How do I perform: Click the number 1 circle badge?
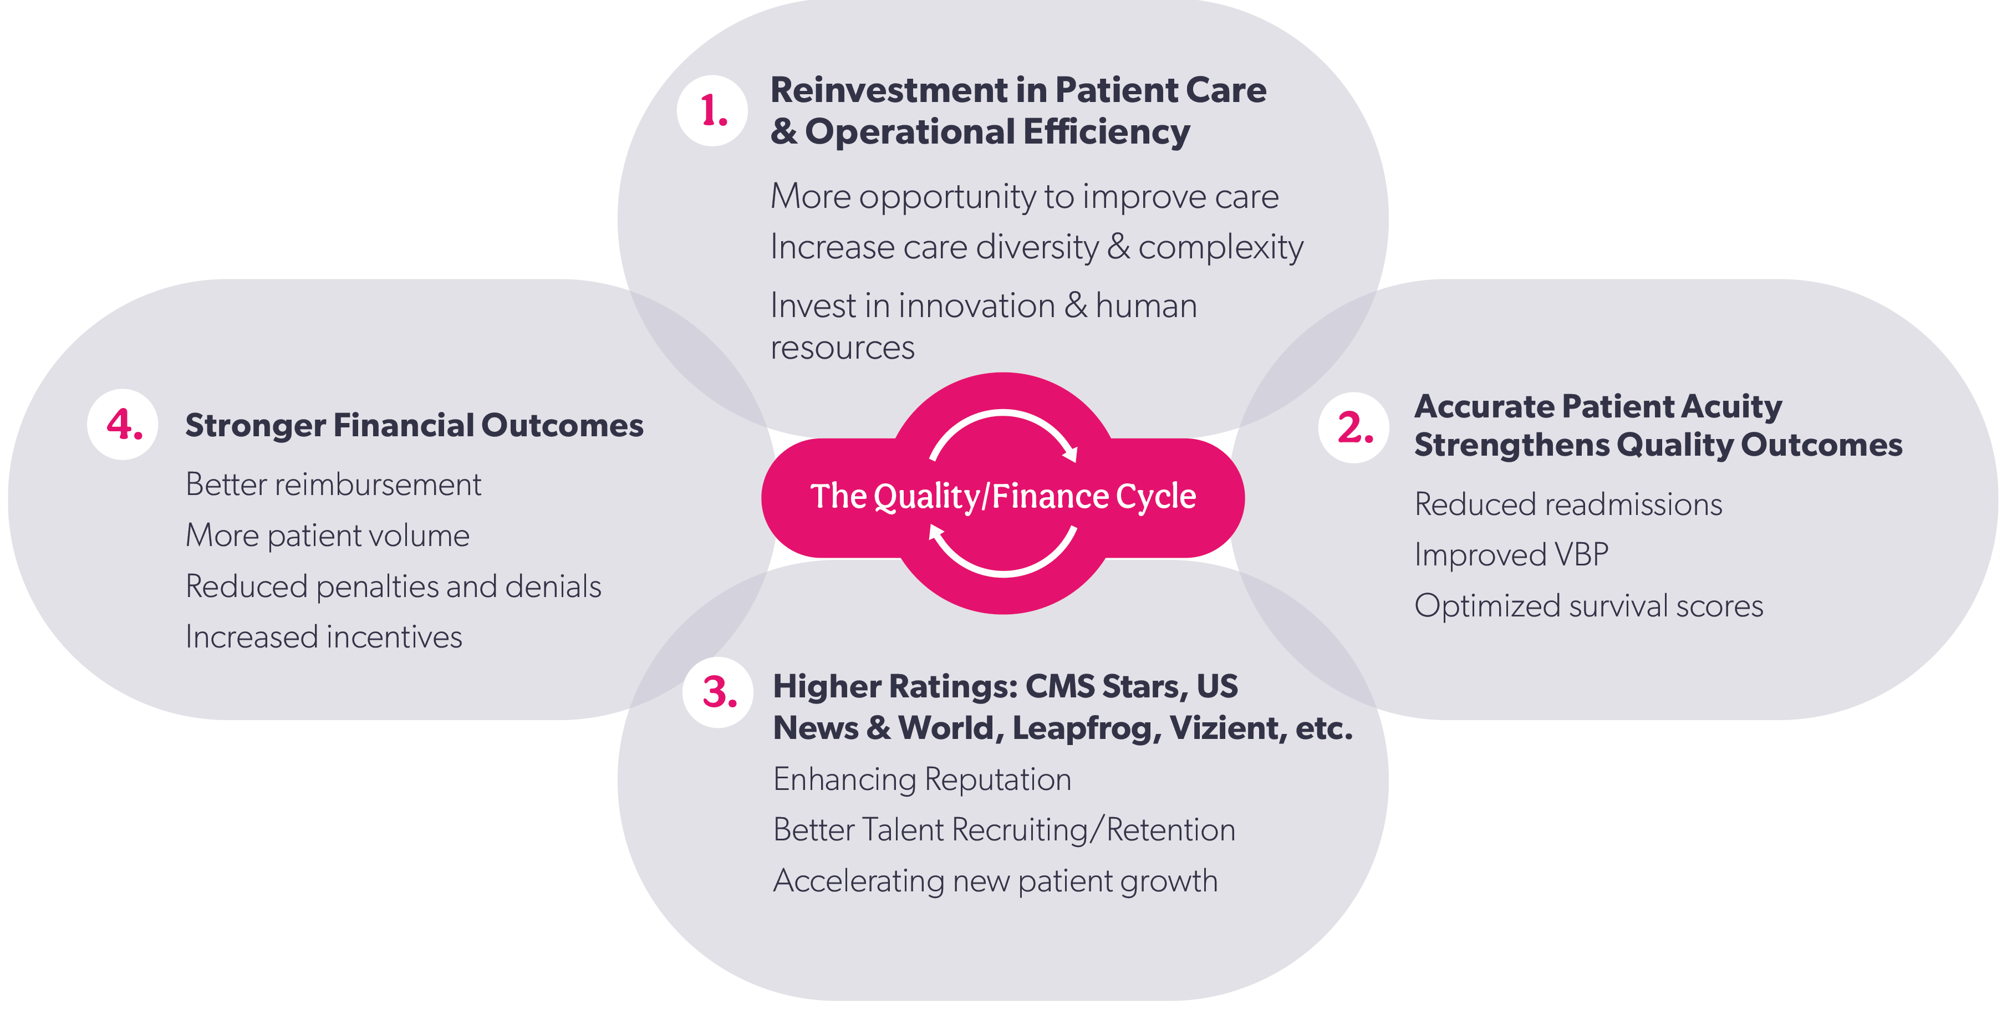[712, 111]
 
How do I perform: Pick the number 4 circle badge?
[123, 425]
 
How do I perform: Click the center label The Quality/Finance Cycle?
[1003, 496]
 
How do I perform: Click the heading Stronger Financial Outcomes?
[414, 425]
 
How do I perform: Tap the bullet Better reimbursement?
[333, 484]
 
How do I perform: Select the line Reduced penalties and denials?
[393, 586]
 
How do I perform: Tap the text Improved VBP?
[1511, 555]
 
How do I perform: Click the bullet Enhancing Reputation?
[921, 779]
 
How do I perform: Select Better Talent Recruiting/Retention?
[1003, 830]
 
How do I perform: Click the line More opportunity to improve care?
[1024, 196]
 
